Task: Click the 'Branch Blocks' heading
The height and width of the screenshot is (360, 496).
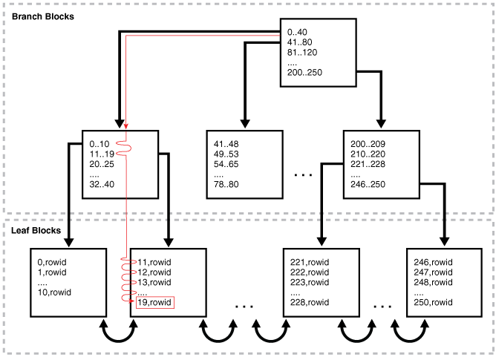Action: tap(43, 16)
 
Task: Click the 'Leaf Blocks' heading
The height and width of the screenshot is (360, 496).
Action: tap(36, 231)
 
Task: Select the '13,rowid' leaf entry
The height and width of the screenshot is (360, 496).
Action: tap(154, 282)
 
